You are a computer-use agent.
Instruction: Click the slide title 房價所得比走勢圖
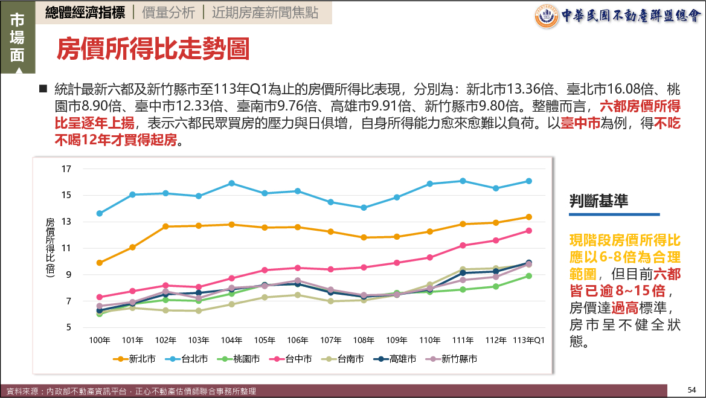coord(153,50)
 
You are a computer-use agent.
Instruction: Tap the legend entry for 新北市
coord(134,359)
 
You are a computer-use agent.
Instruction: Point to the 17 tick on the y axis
coord(66,169)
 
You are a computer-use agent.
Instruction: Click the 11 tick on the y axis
coord(66,248)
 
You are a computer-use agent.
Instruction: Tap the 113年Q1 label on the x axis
coord(529,341)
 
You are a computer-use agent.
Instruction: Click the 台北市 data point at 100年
coord(99,213)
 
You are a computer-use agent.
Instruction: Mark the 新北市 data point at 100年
coord(99,263)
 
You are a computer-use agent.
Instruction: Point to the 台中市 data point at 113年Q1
coord(528,231)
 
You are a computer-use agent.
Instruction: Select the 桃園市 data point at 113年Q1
coord(528,276)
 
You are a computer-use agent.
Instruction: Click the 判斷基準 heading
coord(598,202)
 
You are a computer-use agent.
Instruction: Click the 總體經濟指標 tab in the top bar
coord(85,12)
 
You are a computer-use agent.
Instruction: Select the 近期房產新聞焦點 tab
coord(268,12)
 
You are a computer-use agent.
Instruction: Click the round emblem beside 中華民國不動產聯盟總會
coord(547,16)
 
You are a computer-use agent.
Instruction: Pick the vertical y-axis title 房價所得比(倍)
coord(50,248)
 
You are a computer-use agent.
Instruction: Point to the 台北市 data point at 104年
coord(231,183)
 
